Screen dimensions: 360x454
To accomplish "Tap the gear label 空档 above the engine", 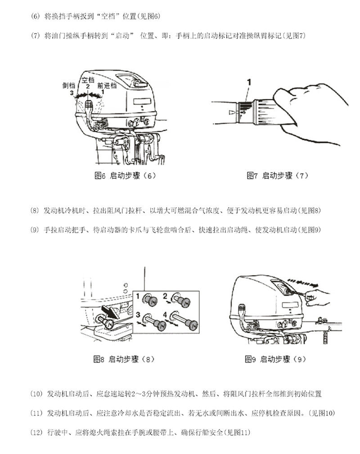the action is pyautogui.click(x=88, y=80).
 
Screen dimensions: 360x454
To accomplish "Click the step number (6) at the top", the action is pyautogui.click(x=36, y=17).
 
